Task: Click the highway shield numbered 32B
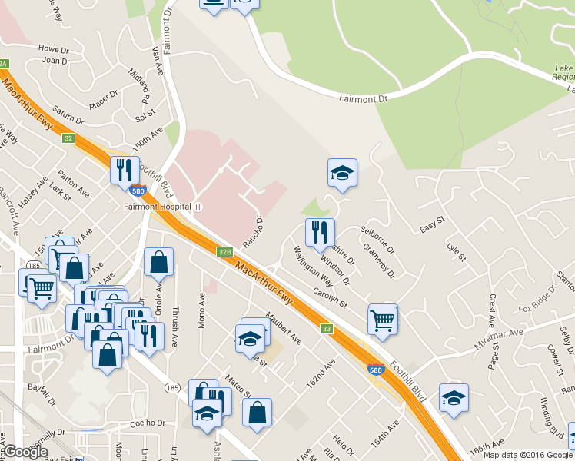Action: click(224, 251)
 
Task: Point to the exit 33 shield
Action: click(327, 329)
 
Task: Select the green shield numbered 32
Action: click(68, 138)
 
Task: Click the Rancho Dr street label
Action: click(254, 228)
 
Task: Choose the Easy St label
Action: click(433, 224)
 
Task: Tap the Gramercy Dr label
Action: click(378, 260)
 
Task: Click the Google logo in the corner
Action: click(25, 452)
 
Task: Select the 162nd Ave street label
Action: click(323, 372)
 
